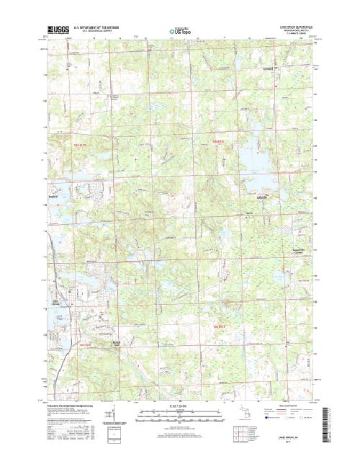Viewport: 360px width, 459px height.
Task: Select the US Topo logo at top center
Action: tap(180, 32)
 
